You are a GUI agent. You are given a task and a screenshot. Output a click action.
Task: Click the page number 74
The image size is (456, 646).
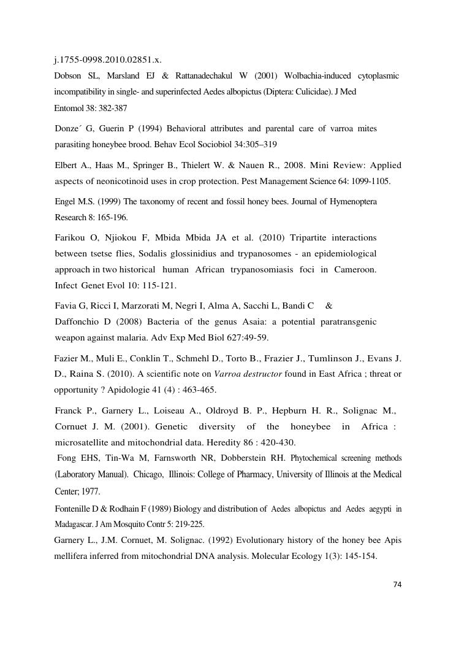(397, 584)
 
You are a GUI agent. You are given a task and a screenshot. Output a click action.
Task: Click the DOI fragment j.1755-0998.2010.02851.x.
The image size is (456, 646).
(107, 60)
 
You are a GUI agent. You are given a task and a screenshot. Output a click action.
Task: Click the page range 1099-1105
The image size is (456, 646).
(370, 181)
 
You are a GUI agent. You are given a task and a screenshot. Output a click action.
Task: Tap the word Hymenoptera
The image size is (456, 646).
(351, 201)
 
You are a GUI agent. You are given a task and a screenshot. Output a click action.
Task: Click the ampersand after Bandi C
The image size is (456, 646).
(329, 306)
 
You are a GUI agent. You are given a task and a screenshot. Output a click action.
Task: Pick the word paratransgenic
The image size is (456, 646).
(346, 321)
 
